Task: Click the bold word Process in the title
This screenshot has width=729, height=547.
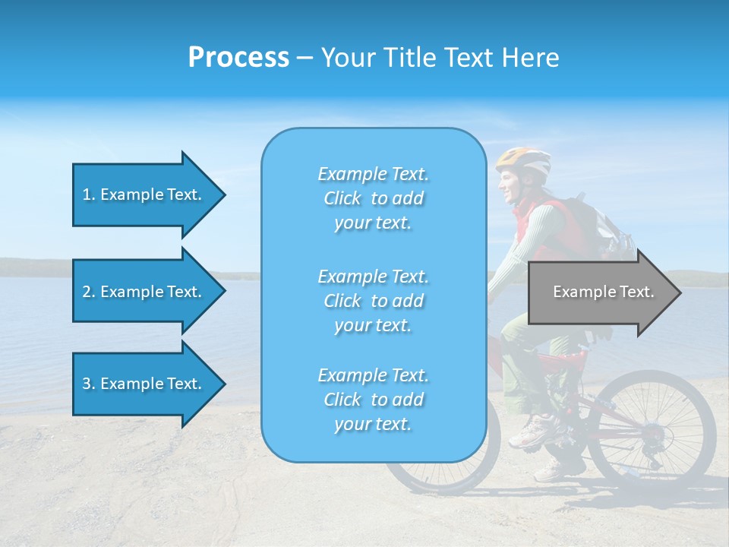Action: [x=238, y=57]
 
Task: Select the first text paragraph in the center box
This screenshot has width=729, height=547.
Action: [x=373, y=198]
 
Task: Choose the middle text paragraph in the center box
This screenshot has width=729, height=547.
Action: [x=373, y=301]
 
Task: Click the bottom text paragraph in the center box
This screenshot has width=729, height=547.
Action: [x=373, y=400]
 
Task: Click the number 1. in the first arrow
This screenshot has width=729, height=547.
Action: [x=89, y=194]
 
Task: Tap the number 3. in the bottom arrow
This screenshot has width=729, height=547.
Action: [x=89, y=384]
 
